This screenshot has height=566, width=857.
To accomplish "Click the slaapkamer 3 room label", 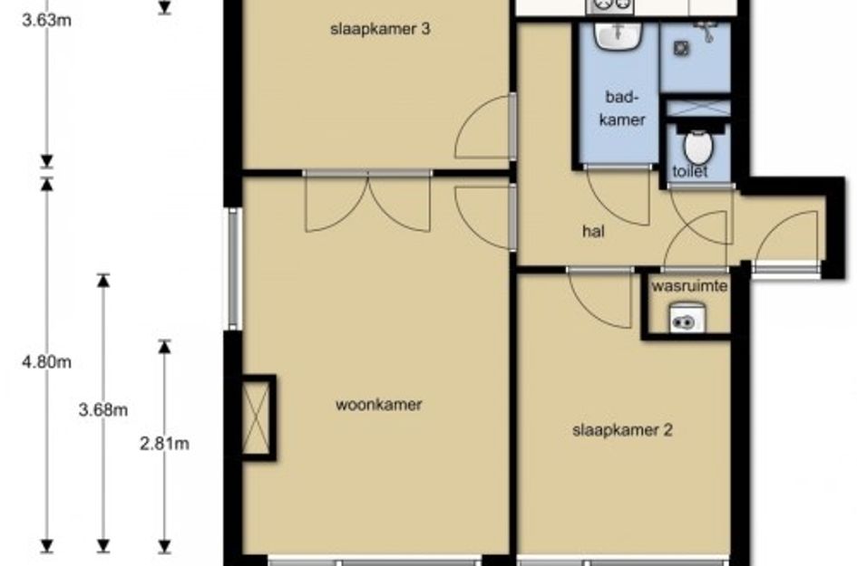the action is click(380, 29).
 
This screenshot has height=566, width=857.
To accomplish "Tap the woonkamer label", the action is click(379, 405).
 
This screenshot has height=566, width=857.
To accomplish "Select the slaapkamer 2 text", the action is click(622, 430).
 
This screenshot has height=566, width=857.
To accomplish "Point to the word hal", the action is click(594, 232).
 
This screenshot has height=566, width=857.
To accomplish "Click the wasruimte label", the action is click(689, 286).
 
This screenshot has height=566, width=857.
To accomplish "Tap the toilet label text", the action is click(690, 171).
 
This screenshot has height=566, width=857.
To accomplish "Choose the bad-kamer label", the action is click(622, 108).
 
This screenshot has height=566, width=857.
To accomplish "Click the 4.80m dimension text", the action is click(46, 362).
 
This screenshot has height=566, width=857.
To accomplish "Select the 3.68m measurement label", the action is click(103, 409).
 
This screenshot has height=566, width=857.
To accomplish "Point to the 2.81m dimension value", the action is click(164, 444).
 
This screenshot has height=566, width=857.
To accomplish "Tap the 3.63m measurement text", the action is click(46, 21).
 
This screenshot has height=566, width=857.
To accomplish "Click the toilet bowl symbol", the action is click(698, 144).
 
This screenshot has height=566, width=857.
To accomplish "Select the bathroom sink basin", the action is click(618, 36).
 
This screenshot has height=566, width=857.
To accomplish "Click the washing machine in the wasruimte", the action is click(687, 317).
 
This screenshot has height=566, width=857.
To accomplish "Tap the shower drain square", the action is click(681, 49).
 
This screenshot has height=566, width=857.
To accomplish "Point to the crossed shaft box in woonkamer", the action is click(257, 417).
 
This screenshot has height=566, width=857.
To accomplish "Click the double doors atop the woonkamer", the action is click(368, 201).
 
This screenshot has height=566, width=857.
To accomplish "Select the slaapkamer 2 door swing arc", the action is click(600, 298).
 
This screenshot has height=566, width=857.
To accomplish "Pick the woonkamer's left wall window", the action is click(235, 269).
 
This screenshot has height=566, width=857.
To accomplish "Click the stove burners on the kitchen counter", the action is click(610, 6).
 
